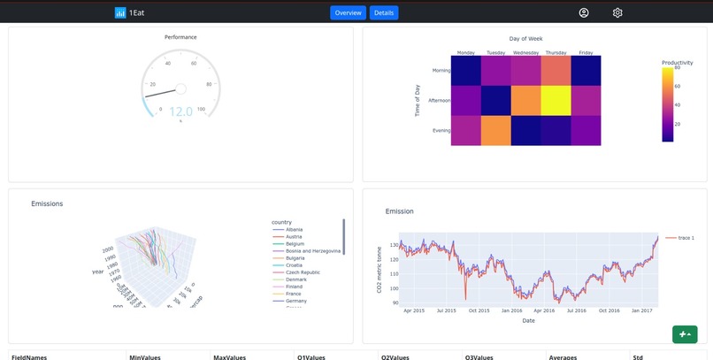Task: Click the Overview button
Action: (x=348, y=13)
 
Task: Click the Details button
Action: (x=384, y=13)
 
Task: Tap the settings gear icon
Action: (x=617, y=13)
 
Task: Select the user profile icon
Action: (x=584, y=13)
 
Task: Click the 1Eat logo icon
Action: (x=120, y=13)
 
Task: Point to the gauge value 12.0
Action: (x=180, y=111)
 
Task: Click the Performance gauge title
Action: (x=180, y=37)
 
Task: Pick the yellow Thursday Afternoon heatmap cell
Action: (x=555, y=100)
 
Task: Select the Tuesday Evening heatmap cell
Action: (x=495, y=130)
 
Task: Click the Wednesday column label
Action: (x=525, y=52)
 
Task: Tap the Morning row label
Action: (x=441, y=71)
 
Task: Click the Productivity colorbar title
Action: (x=677, y=62)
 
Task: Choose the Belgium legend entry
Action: (x=295, y=243)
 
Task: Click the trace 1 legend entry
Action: (x=679, y=238)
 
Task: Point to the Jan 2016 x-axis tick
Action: (x=512, y=310)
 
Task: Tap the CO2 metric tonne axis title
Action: (x=380, y=270)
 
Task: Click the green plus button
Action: (x=684, y=333)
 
